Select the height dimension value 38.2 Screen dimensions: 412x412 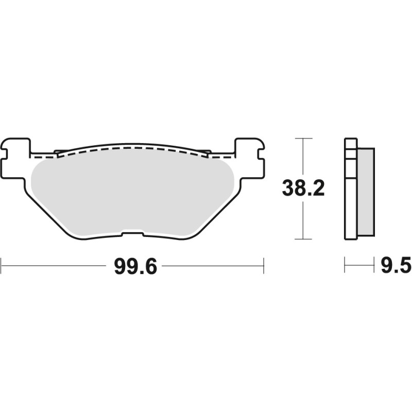click(x=303, y=189)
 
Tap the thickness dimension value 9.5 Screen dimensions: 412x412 click(x=396, y=266)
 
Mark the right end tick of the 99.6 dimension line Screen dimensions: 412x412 click(x=263, y=266)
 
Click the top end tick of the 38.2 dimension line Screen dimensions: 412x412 click(x=303, y=139)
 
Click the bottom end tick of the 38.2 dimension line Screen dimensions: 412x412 click(x=303, y=239)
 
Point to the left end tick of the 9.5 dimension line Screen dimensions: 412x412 click(x=345, y=266)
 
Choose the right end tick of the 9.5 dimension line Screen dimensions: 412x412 click(x=373, y=266)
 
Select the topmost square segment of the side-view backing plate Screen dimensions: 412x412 click(x=350, y=144)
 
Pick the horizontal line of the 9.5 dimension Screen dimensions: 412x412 click(x=359, y=266)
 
